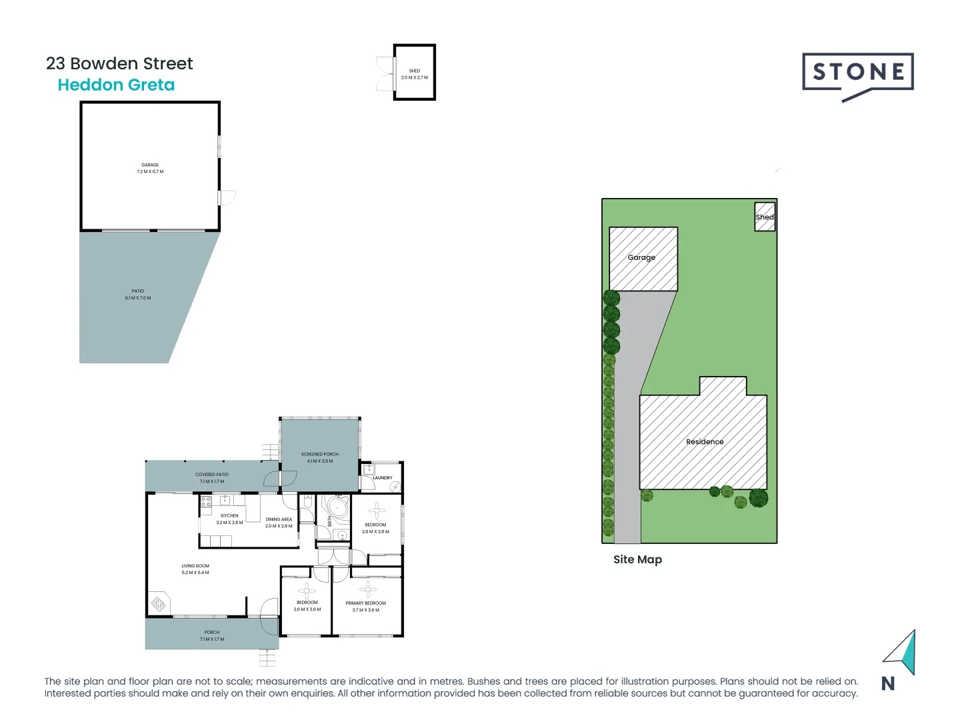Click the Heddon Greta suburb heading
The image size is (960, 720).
click(116, 85)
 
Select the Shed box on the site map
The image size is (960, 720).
click(765, 217)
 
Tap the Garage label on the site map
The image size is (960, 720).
click(641, 257)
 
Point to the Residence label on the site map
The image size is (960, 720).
click(705, 441)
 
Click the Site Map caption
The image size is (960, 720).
click(637, 559)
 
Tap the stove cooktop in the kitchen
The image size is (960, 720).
click(206, 501)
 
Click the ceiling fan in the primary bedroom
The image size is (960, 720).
click(367, 589)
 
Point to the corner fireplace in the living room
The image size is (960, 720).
click(159, 604)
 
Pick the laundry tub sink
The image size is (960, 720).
click(369, 469)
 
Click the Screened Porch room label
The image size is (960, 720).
click(319, 454)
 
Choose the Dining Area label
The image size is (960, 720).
click(279, 519)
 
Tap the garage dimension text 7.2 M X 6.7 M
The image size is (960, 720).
click(150, 172)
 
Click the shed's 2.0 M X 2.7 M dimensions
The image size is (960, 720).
click(415, 77)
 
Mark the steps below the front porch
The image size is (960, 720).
click(267, 658)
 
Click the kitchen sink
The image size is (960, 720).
click(225, 500)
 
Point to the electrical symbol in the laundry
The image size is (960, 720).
click(395, 487)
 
